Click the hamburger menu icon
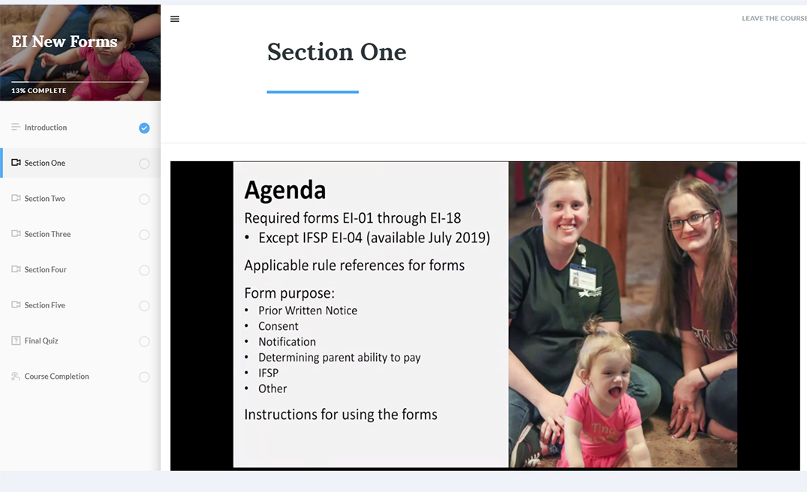tap(175, 19)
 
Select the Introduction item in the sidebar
tap(45, 127)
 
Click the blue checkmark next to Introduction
tap(144, 128)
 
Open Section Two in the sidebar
tap(45, 199)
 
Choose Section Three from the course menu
tap(47, 234)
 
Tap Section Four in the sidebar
tap(45, 269)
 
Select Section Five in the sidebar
tap(45, 304)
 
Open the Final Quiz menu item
tap(41, 340)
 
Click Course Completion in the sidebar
tap(56, 376)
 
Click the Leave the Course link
tap(774, 19)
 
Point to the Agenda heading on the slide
tap(285, 190)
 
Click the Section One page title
tap(336, 52)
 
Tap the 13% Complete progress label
tap(38, 91)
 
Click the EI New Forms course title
tap(65, 41)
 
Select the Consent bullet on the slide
tap(278, 326)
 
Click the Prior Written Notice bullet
tap(308, 310)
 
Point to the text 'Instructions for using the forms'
tap(341, 414)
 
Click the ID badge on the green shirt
tap(583, 277)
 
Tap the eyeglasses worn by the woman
tap(691, 220)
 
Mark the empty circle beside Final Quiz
tap(144, 341)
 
